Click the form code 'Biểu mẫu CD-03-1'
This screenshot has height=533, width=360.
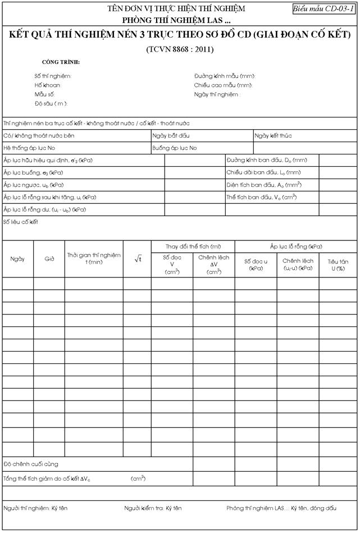(323, 10)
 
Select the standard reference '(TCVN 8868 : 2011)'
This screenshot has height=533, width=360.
(180, 49)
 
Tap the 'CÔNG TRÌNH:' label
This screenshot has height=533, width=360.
(61, 62)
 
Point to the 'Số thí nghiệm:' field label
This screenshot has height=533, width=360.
(53, 76)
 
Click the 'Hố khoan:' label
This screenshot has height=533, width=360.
(48, 85)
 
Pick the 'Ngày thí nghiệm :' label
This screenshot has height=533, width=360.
(217, 94)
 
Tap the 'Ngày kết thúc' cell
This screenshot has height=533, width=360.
(273, 135)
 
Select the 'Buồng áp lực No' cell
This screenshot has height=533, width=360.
(175, 148)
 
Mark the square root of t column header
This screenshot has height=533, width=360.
(137, 258)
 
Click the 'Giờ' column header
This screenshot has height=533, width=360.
(49, 259)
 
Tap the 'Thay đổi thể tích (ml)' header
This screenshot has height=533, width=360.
(193, 247)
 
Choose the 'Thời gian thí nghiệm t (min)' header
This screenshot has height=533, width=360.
(94, 258)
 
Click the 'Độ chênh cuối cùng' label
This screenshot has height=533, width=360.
(31, 464)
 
